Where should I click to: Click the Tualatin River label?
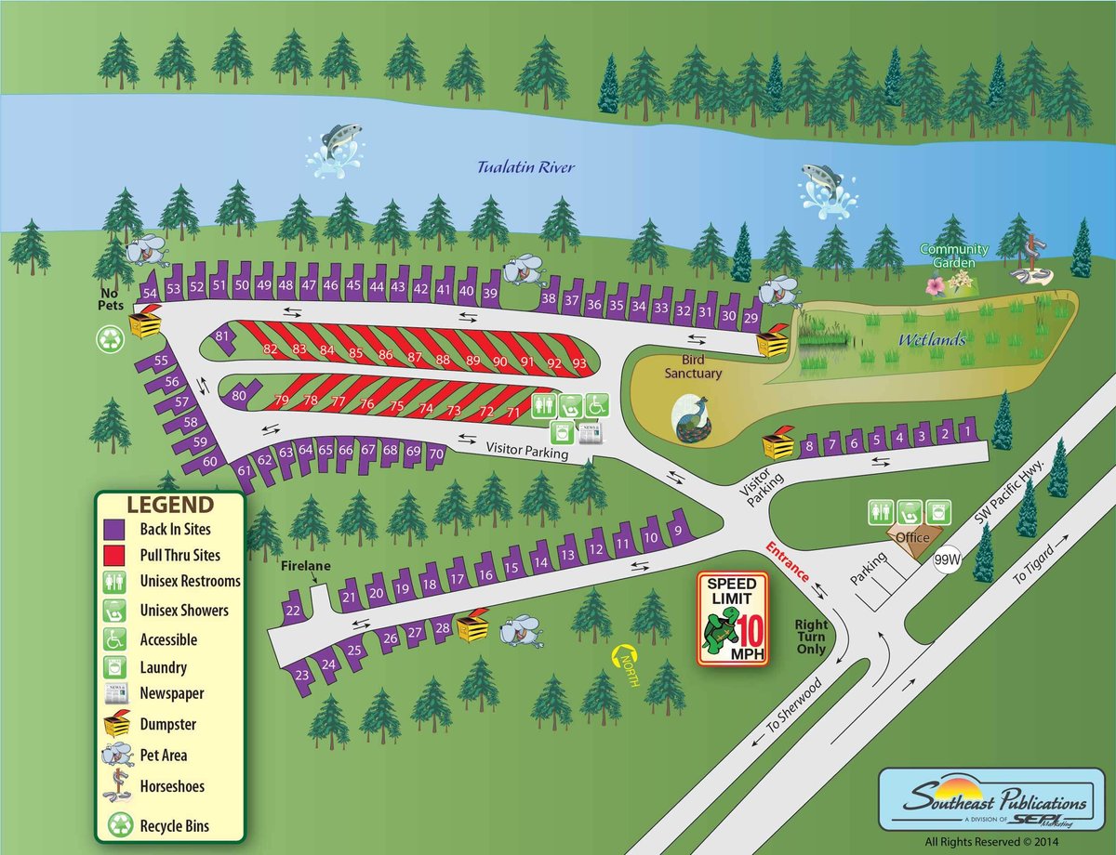(x=525, y=168)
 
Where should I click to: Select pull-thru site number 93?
(x=579, y=362)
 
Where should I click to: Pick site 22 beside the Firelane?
(x=293, y=610)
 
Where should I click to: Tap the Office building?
(x=912, y=537)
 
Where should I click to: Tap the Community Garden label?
(x=951, y=256)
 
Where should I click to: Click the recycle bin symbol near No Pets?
(x=110, y=340)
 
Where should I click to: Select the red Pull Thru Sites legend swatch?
(x=113, y=555)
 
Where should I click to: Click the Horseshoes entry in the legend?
(x=171, y=786)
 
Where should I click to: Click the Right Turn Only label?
(x=812, y=637)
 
